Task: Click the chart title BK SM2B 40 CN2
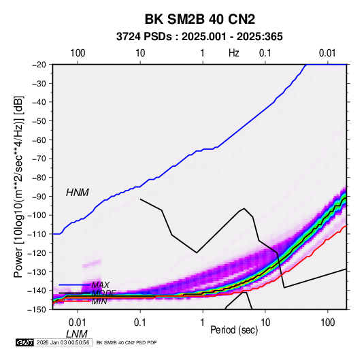coord(200,19)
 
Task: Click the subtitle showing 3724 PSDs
coord(199,37)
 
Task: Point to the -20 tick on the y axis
coord(39,65)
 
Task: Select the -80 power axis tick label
coord(39,178)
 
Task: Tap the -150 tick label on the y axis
coord(37,310)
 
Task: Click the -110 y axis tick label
coord(37,234)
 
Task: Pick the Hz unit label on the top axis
coord(234,53)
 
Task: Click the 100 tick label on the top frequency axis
coord(78,53)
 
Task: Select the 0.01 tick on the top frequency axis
coord(327,53)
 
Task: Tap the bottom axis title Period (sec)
coord(234,330)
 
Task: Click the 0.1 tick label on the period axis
coord(140,323)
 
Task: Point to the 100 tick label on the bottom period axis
coord(328,323)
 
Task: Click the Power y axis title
coord(18,186)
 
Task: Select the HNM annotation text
coord(78,193)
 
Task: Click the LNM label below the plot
coord(77,334)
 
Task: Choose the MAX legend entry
coord(100,285)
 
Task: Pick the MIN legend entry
coord(99,301)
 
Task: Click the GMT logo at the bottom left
coord(24,342)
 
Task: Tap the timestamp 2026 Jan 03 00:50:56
coord(63,342)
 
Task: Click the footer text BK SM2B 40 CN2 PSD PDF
coord(127,342)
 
